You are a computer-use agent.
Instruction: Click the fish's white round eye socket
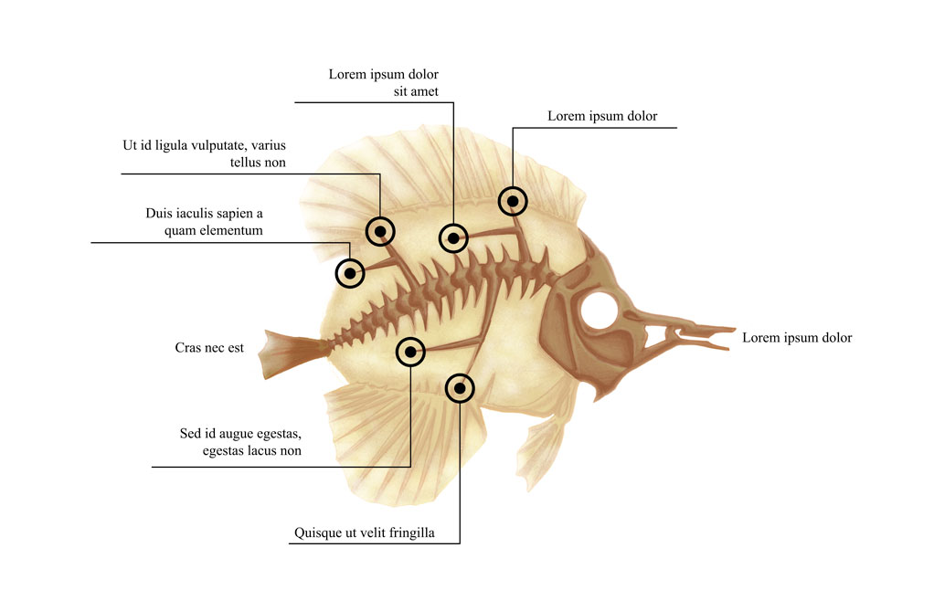[599, 311]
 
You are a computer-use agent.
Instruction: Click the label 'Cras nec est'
[209, 348]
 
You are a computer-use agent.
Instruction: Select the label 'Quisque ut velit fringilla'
[364, 532]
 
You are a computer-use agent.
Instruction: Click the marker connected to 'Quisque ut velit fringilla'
[461, 388]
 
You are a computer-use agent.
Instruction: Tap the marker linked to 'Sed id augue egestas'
[411, 351]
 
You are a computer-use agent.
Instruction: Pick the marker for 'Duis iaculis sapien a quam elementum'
[350, 272]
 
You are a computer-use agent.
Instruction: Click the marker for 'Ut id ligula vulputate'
[379, 230]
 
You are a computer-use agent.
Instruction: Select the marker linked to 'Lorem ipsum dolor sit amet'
[453, 238]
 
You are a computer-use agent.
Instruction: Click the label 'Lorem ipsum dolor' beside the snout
[796, 338]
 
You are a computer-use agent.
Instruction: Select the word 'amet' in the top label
[424, 91]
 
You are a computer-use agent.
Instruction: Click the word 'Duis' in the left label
[161, 214]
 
